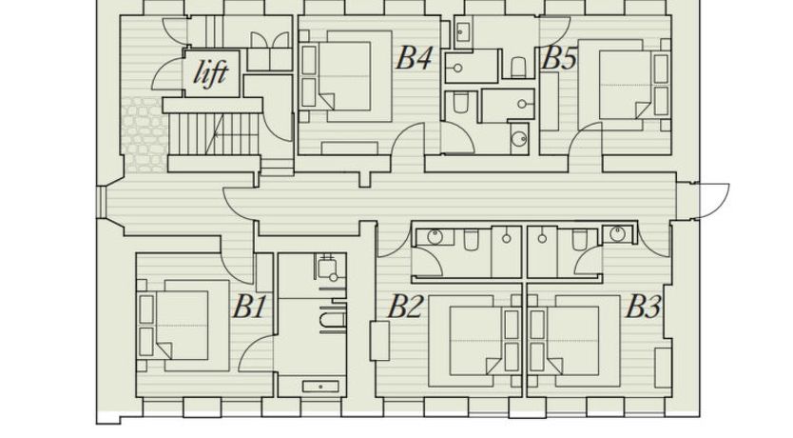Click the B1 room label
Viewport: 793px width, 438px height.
point(249,307)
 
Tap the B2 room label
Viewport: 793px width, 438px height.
point(405,307)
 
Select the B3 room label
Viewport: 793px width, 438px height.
point(644,307)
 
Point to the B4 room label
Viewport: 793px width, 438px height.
point(415,57)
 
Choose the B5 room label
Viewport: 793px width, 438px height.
point(558,58)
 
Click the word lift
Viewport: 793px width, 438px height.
point(211,73)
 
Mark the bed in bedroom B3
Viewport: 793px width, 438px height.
point(582,341)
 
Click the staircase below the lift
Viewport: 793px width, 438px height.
point(213,134)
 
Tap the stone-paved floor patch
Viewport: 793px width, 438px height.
point(144,134)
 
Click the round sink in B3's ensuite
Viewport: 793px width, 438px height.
point(618,234)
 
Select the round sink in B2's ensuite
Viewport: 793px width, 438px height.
point(435,236)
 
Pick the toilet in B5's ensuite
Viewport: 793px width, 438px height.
point(518,67)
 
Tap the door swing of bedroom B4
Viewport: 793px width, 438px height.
point(408,139)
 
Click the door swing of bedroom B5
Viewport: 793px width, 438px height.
point(585,139)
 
